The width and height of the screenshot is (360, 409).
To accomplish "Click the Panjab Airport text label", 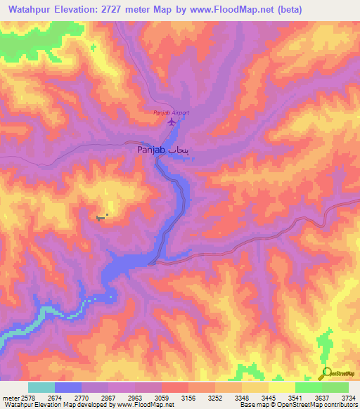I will [x=172, y=112].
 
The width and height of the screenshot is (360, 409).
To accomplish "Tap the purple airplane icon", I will [x=171, y=123].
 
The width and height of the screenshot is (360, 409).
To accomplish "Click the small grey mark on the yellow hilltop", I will [x=103, y=217].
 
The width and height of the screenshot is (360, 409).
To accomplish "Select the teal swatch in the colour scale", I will [x=41, y=387].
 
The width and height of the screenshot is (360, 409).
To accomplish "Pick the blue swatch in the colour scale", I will [x=68, y=387].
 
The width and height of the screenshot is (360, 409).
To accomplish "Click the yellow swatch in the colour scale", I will [x=281, y=387].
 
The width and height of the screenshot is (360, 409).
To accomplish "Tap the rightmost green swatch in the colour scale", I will [x=335, y=387].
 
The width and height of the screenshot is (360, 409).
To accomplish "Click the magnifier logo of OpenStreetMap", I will [x=326, y=374].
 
